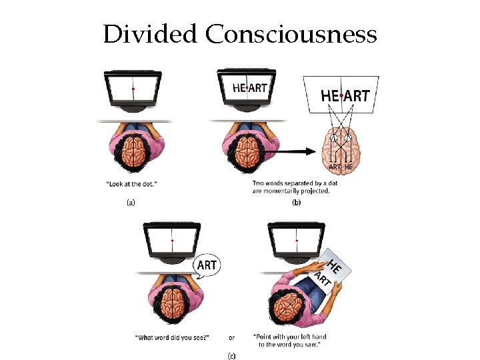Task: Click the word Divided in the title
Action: [151, 34]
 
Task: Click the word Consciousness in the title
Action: [291, 34]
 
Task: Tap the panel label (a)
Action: [131, 204]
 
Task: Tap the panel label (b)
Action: [295, 204]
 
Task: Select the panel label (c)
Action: [231, 356]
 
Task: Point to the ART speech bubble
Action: [207, 265]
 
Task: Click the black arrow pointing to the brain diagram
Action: [293, 151]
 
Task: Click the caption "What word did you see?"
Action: [173, 337]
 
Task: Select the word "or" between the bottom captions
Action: [231, 337]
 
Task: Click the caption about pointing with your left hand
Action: [289, 341]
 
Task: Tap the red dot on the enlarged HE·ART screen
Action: [341, 96]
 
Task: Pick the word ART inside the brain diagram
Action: [335, 167]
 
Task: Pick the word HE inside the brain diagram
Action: [349, 167]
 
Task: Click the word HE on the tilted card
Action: [336, 265]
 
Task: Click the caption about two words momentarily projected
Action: [291, 187]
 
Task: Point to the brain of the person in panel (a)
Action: [133, 151]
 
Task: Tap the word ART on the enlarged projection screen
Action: [357, 96]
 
